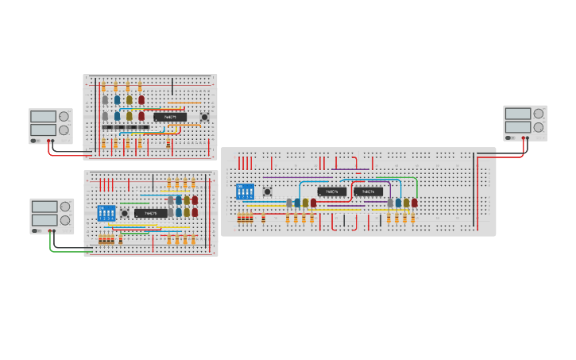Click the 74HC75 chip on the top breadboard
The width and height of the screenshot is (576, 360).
tap(170, 117)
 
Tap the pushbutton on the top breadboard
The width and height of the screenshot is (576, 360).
tap(205, 118)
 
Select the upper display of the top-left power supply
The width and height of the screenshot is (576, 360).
tap(44, 116)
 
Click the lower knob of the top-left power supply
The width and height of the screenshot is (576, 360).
tap(64, 130)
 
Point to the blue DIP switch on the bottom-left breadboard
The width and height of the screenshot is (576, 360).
tap(106, 213)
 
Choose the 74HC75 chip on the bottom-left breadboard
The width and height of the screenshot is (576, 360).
tap(150, 213)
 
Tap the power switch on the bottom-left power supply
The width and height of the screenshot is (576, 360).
tap(36, 230)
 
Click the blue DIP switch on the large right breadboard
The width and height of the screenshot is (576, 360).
tap(245, 192)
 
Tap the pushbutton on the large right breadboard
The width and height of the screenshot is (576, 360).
tap(268, 192)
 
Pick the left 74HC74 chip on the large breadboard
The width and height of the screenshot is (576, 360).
tap(332, 192)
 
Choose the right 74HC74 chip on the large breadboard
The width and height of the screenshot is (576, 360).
tap(369, 192)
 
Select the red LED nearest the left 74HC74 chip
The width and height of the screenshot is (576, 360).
tap(313, 203)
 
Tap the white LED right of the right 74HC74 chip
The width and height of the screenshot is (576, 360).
tap(390, 203)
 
